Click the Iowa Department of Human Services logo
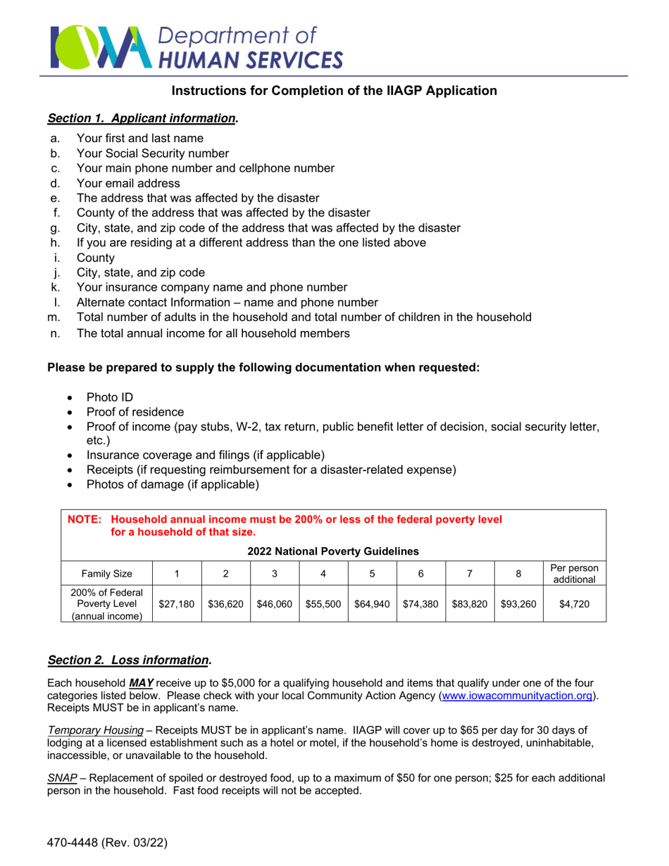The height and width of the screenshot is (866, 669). click(196, 47)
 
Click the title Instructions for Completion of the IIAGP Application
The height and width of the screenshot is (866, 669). click(335, 91)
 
